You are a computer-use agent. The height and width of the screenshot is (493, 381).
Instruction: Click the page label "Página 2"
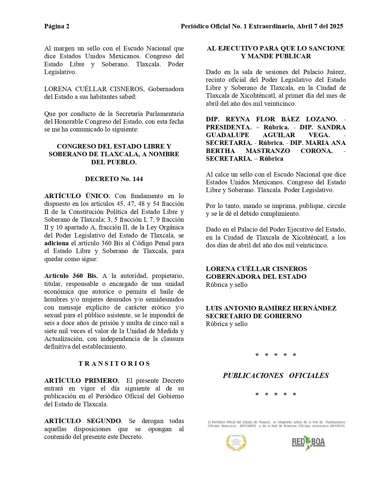click(57, 26)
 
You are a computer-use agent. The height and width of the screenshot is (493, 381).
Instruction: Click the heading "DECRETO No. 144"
click(114, 179)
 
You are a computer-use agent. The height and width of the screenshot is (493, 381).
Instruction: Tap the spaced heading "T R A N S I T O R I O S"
click(114, 364)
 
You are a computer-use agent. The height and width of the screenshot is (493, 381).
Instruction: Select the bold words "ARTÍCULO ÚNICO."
click(77, 196)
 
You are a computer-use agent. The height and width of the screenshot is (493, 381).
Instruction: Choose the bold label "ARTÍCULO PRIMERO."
click(82, 381)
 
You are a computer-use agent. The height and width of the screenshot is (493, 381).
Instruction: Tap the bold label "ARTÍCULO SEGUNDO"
click(83, 421)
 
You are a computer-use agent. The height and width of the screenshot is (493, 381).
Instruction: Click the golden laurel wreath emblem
click(237, 442)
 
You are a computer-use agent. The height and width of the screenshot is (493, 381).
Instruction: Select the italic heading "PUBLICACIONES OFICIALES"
click(276, 376)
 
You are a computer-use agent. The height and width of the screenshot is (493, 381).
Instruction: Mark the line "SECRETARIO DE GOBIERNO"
click(254, 316)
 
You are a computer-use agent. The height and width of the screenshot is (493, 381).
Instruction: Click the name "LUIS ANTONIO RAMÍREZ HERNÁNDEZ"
click(271, 308)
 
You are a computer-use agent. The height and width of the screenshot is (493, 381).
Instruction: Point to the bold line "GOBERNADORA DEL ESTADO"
click(256, 277)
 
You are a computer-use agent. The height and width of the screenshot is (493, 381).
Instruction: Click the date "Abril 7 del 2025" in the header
click(319, 26)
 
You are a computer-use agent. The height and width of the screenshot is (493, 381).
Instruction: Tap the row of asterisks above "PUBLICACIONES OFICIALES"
click(276, 355)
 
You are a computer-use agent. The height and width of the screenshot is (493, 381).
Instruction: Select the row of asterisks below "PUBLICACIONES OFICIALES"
click(276, 394)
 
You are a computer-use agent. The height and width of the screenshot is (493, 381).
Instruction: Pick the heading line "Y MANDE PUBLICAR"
click(276, 56)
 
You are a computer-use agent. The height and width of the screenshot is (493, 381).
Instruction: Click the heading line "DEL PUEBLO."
click(114, 162)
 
